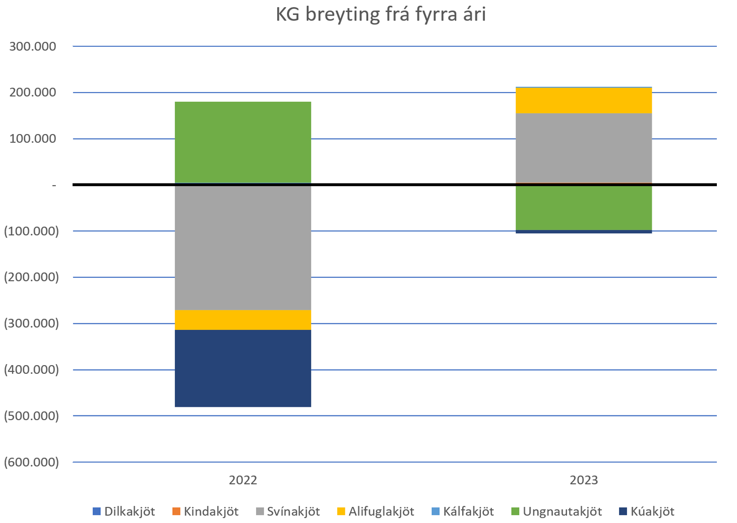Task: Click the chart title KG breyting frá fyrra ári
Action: pyautogui.click(x=380, y=15)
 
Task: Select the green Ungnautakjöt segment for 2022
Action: pyautogui.click(x=243, y=142)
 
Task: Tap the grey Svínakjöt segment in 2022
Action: pyautogui.click(x=243, y=247)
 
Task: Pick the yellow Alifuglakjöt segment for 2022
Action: pyautogui.click(x=243, y=320)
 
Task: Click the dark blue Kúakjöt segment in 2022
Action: pyautogui.click(x=243, y=368)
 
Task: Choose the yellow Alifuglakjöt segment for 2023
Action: pyautogui.click(x=584, y=100)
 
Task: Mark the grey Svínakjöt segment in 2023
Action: pyautogui.click(x=584, y=148)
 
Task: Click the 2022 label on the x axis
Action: pyautogui.click(x=243, y=480)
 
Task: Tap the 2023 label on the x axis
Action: pyautogui.click(x=584, y=480)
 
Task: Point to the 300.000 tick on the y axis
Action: pyautogui.click(x=33, y=46)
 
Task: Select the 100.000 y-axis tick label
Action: pyautogui.click(x=33, y=139)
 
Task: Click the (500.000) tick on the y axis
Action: pyautogui.click(x=31, y=416)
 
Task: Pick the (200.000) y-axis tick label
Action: pyautogui.click(x=31, y=277)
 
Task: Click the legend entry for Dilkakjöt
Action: pyautogui.click(x=124, y=512)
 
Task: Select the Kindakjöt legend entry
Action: pyautogui.click(x=205, y=512)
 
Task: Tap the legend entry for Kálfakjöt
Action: pyautogui.click(x=463, y=512)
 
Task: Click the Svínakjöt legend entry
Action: pyautogui.click(x=288, y=512)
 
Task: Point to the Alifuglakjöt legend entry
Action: pyautogui.click(x=376, y=512)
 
